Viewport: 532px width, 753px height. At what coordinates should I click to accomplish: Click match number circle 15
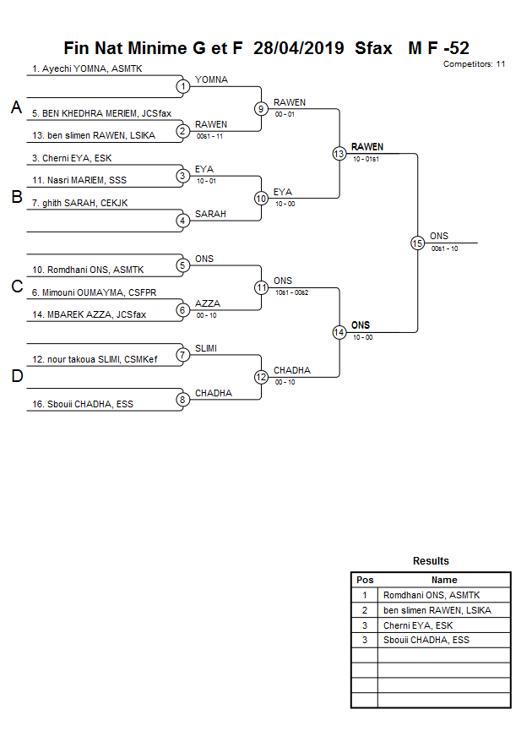pyautogui.click(x=417, y=243)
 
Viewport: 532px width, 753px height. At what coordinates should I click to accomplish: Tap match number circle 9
pyautogui.click(x=261, y=109)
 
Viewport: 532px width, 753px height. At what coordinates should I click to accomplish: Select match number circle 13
pyautogui.click(x=339, y=154)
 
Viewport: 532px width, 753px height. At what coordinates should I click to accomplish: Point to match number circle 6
pyautogui.click(x=182, y=310)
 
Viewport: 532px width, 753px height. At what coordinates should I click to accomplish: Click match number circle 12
pyautogui.click(x=261, y=377)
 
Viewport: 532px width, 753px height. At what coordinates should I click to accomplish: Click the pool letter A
pyautogui.click(x=16, y=107)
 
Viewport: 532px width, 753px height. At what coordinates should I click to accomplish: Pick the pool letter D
pyautogui.click(x=16, y=376)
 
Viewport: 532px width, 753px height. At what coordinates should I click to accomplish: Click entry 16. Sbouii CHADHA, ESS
pyautogui.click(x=83, y=404)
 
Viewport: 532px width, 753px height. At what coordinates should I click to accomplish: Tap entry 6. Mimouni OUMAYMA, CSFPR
pyautogui.click(x=93, y=292)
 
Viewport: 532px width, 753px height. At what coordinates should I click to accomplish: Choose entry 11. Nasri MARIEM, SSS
pyautogui.click(x=79, y=180)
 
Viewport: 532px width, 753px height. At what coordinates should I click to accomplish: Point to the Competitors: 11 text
pyautogui.click(x=474, y=63)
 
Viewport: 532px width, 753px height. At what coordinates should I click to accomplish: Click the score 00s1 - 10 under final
pyautogui.click(x=444, y=248)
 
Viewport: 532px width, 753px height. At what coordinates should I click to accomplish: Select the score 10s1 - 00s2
pyautogui.click(x=291, y=292)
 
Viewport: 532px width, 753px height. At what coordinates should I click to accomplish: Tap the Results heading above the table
pyautogui.click(x=431, y=561)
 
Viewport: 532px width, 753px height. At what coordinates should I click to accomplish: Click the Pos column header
pyautogui.click(x=365, y=580)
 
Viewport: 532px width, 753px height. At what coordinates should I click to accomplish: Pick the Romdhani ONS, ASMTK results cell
pyautogui.click(x=431, y=595)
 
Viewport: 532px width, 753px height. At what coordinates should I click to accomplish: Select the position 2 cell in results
pyautogui.click(x=365, y=610)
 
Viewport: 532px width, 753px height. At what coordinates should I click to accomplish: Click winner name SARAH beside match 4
pyautogui.click(x=210, y=215)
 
